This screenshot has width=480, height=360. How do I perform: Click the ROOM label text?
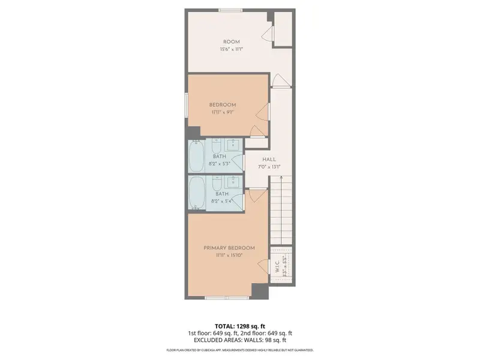231,42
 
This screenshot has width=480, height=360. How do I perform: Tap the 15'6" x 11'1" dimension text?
231,50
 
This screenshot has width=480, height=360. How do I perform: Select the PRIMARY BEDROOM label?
229,248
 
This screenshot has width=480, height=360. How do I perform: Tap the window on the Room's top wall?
231,10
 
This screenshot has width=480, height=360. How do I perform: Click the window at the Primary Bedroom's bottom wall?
226,298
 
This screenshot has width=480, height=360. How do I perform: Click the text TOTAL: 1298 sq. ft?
239,325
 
